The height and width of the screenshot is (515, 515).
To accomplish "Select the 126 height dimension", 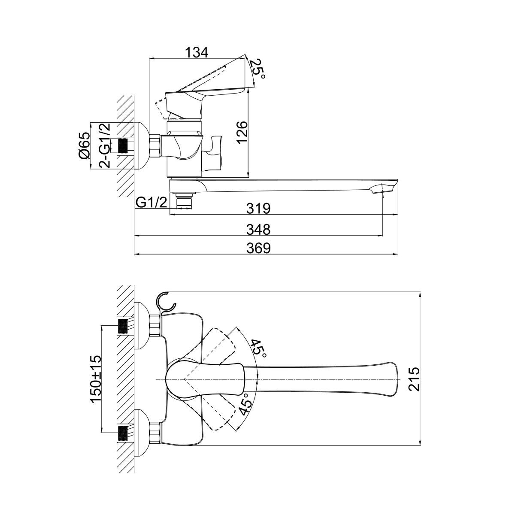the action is coord(242,133).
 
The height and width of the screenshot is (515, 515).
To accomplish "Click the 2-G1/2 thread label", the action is coord(105,145).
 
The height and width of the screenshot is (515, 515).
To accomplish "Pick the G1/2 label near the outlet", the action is coord(151,203).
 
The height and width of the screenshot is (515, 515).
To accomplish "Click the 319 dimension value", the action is coord(258,208).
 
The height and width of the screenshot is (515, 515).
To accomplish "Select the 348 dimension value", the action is coord(258,230).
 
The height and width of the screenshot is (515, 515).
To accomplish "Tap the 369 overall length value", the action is coord(258,248).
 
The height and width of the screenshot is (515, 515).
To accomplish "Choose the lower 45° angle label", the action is coord(245,405).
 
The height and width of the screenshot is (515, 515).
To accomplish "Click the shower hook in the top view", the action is coord(167,303).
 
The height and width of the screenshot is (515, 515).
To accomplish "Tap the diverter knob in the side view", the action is coord(212,152).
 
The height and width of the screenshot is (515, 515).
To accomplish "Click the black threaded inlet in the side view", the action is coord(123,145).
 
